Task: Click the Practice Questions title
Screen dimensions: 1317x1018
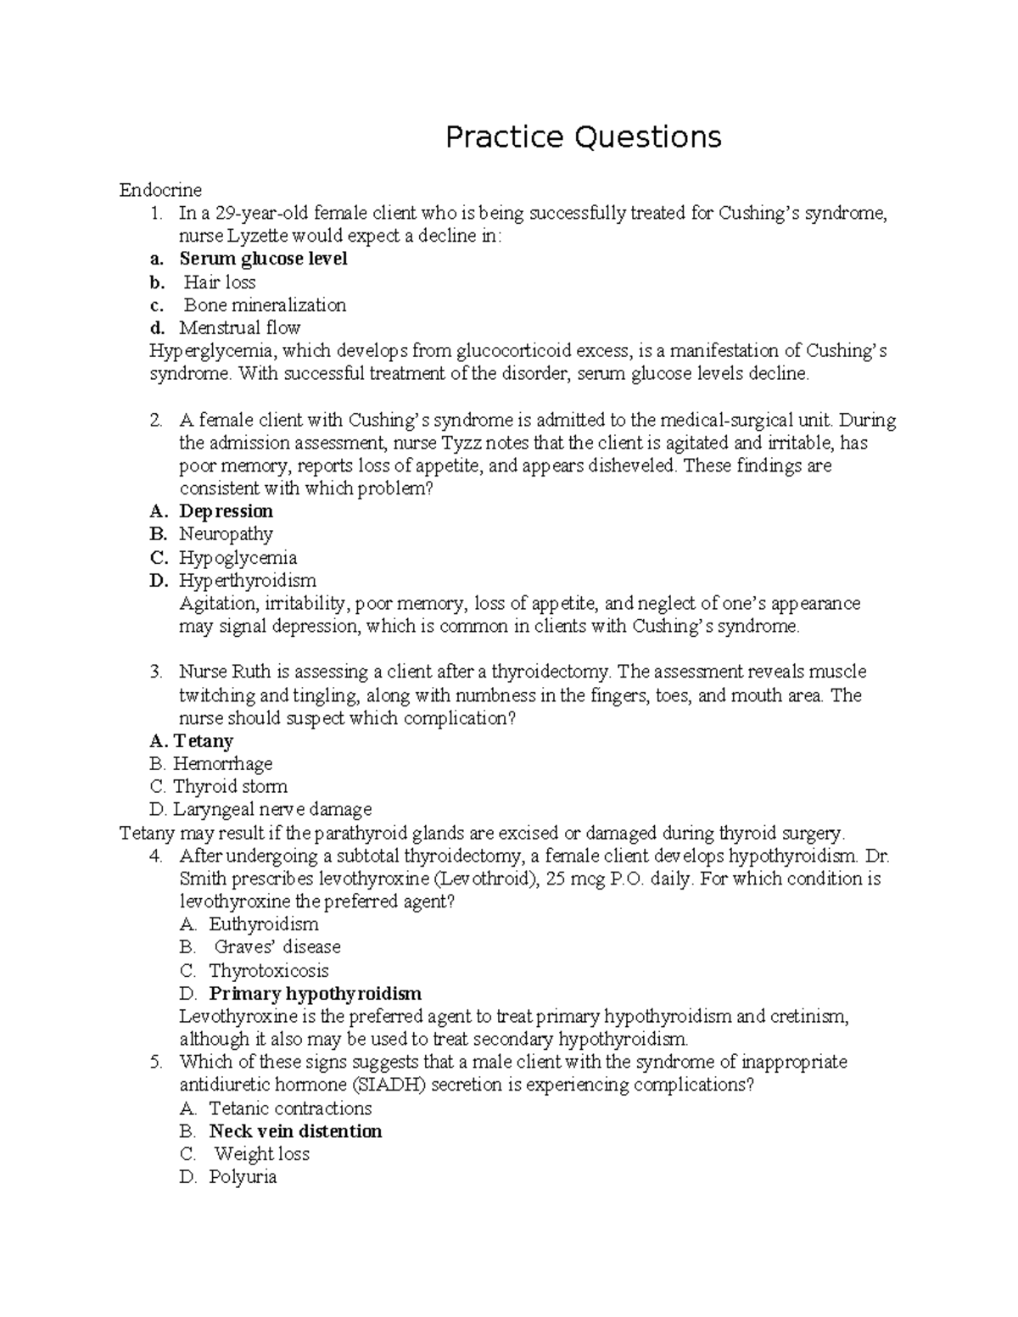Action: click(x=584, y=137)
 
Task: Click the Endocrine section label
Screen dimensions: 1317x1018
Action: click(x=160, y=190)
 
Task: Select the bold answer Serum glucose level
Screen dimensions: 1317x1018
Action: click(x=263, y=259)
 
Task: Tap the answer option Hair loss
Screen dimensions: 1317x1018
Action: click(x=220, y=282)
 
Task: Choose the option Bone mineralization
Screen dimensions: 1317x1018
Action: click(x=265, y=305)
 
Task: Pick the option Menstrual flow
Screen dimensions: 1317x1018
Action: click(x=240, y=328)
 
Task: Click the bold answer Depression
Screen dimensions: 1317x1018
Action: click(x=226, y=511)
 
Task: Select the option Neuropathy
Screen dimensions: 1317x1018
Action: click(x=226, y=534)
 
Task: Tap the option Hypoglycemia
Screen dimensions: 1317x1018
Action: click(x=238, y=558)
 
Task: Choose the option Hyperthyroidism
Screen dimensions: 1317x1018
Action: click(x=247, y=581)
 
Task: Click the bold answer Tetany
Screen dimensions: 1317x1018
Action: click(x=203, y=741)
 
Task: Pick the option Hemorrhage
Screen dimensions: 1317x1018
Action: click(x=222, y=764)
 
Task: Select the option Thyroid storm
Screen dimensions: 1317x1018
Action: click(x=230, y=787)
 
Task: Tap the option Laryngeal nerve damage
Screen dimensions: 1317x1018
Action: click(x=271, y=810)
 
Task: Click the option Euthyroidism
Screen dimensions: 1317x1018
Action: click(x=264, y=924)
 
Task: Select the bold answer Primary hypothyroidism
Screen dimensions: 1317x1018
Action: click(x=315, y=993)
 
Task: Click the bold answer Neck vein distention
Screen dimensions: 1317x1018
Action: click(x=295, y=1131)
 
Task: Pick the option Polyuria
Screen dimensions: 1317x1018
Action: click(x=243, y=1177)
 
